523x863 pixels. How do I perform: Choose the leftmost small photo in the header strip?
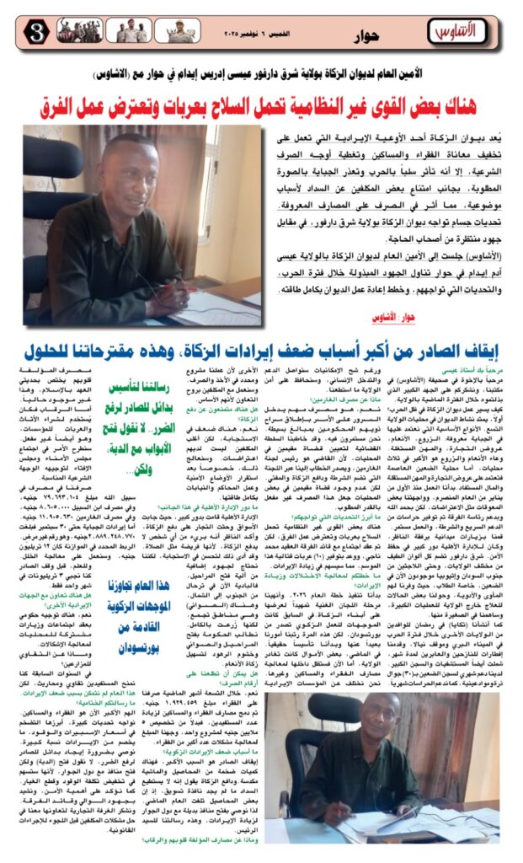74,31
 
